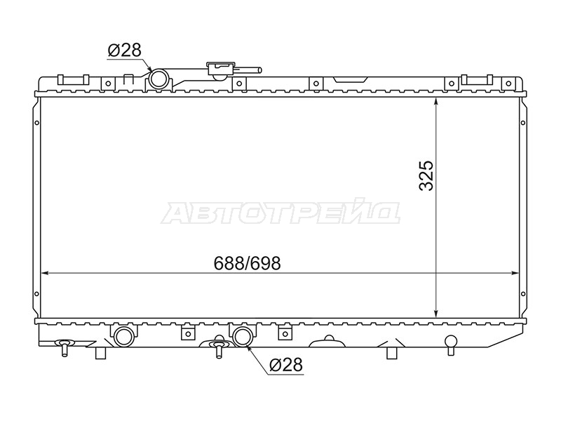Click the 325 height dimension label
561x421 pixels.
point(426,176)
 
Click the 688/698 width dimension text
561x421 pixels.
point(248,264)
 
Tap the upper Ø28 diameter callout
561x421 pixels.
point(125,50)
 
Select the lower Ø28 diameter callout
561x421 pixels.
point(286,365)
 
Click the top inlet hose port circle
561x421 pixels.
point(159,79)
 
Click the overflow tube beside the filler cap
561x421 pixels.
point(250,71)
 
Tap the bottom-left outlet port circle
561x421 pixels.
point(124,336)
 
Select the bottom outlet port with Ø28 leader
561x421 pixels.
point(243,336)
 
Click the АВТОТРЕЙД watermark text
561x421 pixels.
point(280,213)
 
